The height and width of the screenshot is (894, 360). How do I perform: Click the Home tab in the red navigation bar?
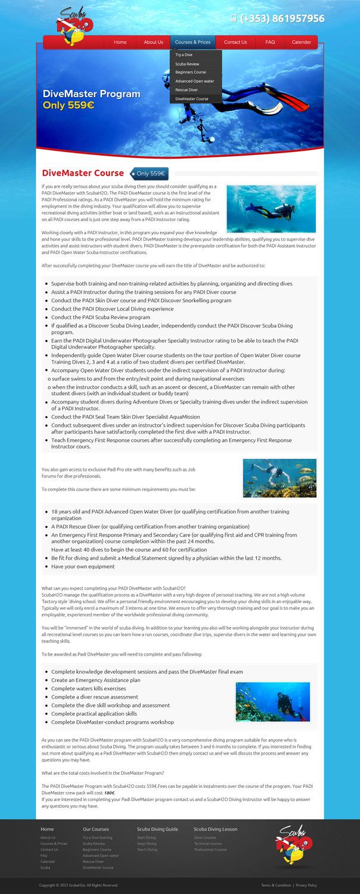120,42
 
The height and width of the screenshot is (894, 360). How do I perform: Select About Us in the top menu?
153,42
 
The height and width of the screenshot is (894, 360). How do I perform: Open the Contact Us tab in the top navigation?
235,42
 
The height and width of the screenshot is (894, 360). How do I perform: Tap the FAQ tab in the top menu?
270,42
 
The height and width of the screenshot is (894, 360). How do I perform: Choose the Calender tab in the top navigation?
301,42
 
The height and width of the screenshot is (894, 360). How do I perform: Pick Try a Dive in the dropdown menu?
184,55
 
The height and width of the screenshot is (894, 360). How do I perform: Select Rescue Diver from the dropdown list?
186,89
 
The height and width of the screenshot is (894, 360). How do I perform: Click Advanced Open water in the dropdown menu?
194,81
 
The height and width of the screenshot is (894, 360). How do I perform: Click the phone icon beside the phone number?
234,18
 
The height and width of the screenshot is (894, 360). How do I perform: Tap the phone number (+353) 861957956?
283,18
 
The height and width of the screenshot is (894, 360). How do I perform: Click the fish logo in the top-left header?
75,27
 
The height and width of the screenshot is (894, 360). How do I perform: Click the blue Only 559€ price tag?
150,174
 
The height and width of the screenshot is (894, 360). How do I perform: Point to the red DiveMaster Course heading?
83,173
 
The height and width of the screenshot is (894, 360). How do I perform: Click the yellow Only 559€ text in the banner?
69,105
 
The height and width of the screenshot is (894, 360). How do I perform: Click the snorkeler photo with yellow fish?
280,478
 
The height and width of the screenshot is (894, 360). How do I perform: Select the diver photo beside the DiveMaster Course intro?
271,209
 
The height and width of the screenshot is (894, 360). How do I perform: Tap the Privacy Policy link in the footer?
306,885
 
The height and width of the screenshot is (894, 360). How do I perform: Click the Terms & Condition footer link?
276,885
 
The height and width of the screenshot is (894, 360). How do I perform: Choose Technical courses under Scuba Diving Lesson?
208,843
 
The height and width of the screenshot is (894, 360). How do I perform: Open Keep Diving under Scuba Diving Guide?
147,843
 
